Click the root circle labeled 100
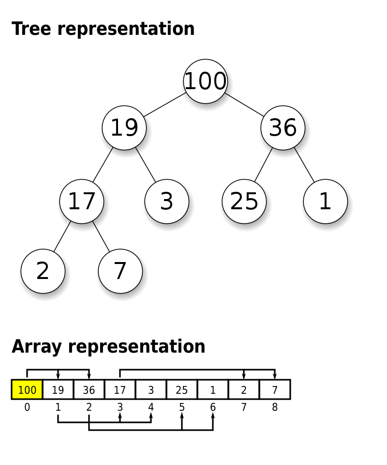(206, 81)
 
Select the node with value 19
(124, 128)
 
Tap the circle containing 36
(283, 128)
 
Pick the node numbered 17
(82, 201)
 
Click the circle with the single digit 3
(167, 201)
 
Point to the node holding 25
(244, 201)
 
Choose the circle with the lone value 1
(326, 201)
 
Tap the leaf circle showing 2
(43, 271)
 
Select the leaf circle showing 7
(120, 271)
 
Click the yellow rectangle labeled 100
(27, 389)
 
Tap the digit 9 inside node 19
(131, 128)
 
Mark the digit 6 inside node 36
(290, 128)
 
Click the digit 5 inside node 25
(252, 201)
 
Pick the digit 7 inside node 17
(89, 201)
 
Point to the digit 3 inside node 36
(276, 128)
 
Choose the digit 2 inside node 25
(237, 201)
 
